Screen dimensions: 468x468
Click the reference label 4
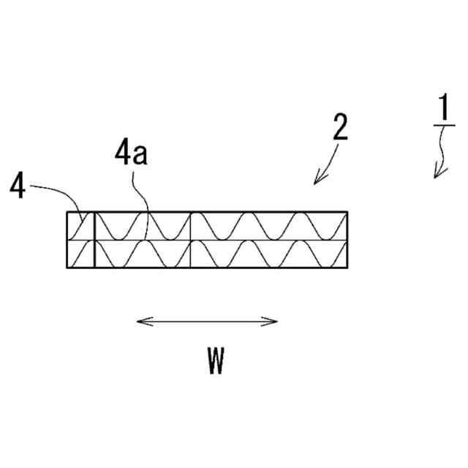pos(18,186)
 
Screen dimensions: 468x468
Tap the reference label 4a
pos(132,154)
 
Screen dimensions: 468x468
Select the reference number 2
pos(339,128)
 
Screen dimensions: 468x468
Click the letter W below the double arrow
pos(215,361)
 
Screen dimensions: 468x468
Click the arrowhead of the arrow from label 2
pos(317,181)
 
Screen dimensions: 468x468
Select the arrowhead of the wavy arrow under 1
pos(438,173)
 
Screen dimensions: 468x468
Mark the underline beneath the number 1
pos(443,126)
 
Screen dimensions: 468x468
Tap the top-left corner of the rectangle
pos(67,212)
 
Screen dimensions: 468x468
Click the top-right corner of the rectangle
pos(347,212)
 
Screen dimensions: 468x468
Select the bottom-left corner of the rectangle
pos(67,267)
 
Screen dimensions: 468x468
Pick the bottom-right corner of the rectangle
pos(347,267)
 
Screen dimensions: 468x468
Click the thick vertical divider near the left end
pos(94,240)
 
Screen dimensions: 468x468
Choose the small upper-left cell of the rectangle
pos(80,226)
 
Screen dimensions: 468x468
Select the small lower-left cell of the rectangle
pos(80,253)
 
